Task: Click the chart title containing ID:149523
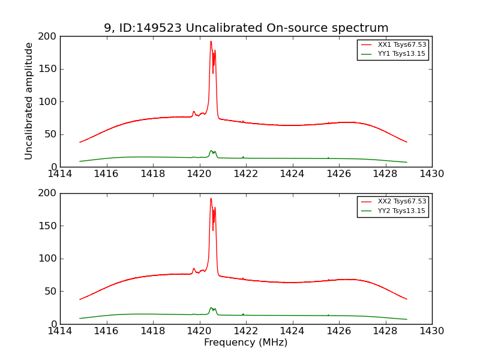coord(246,28)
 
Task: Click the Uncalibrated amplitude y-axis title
coord(29,101)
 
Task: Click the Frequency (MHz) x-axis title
coord(246,343)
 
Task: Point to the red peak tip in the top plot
coord(211,41)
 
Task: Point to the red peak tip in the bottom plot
coord(211,199)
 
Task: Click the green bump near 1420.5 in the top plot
coord(211,151)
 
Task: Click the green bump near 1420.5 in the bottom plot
coord(211,308)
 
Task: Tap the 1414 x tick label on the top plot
coord(60,174)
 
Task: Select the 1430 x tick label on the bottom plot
coord(432,331)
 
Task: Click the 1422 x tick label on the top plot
coord(246,174)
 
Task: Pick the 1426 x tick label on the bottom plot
coord(339,331)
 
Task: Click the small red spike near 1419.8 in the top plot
coord(193,112)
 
